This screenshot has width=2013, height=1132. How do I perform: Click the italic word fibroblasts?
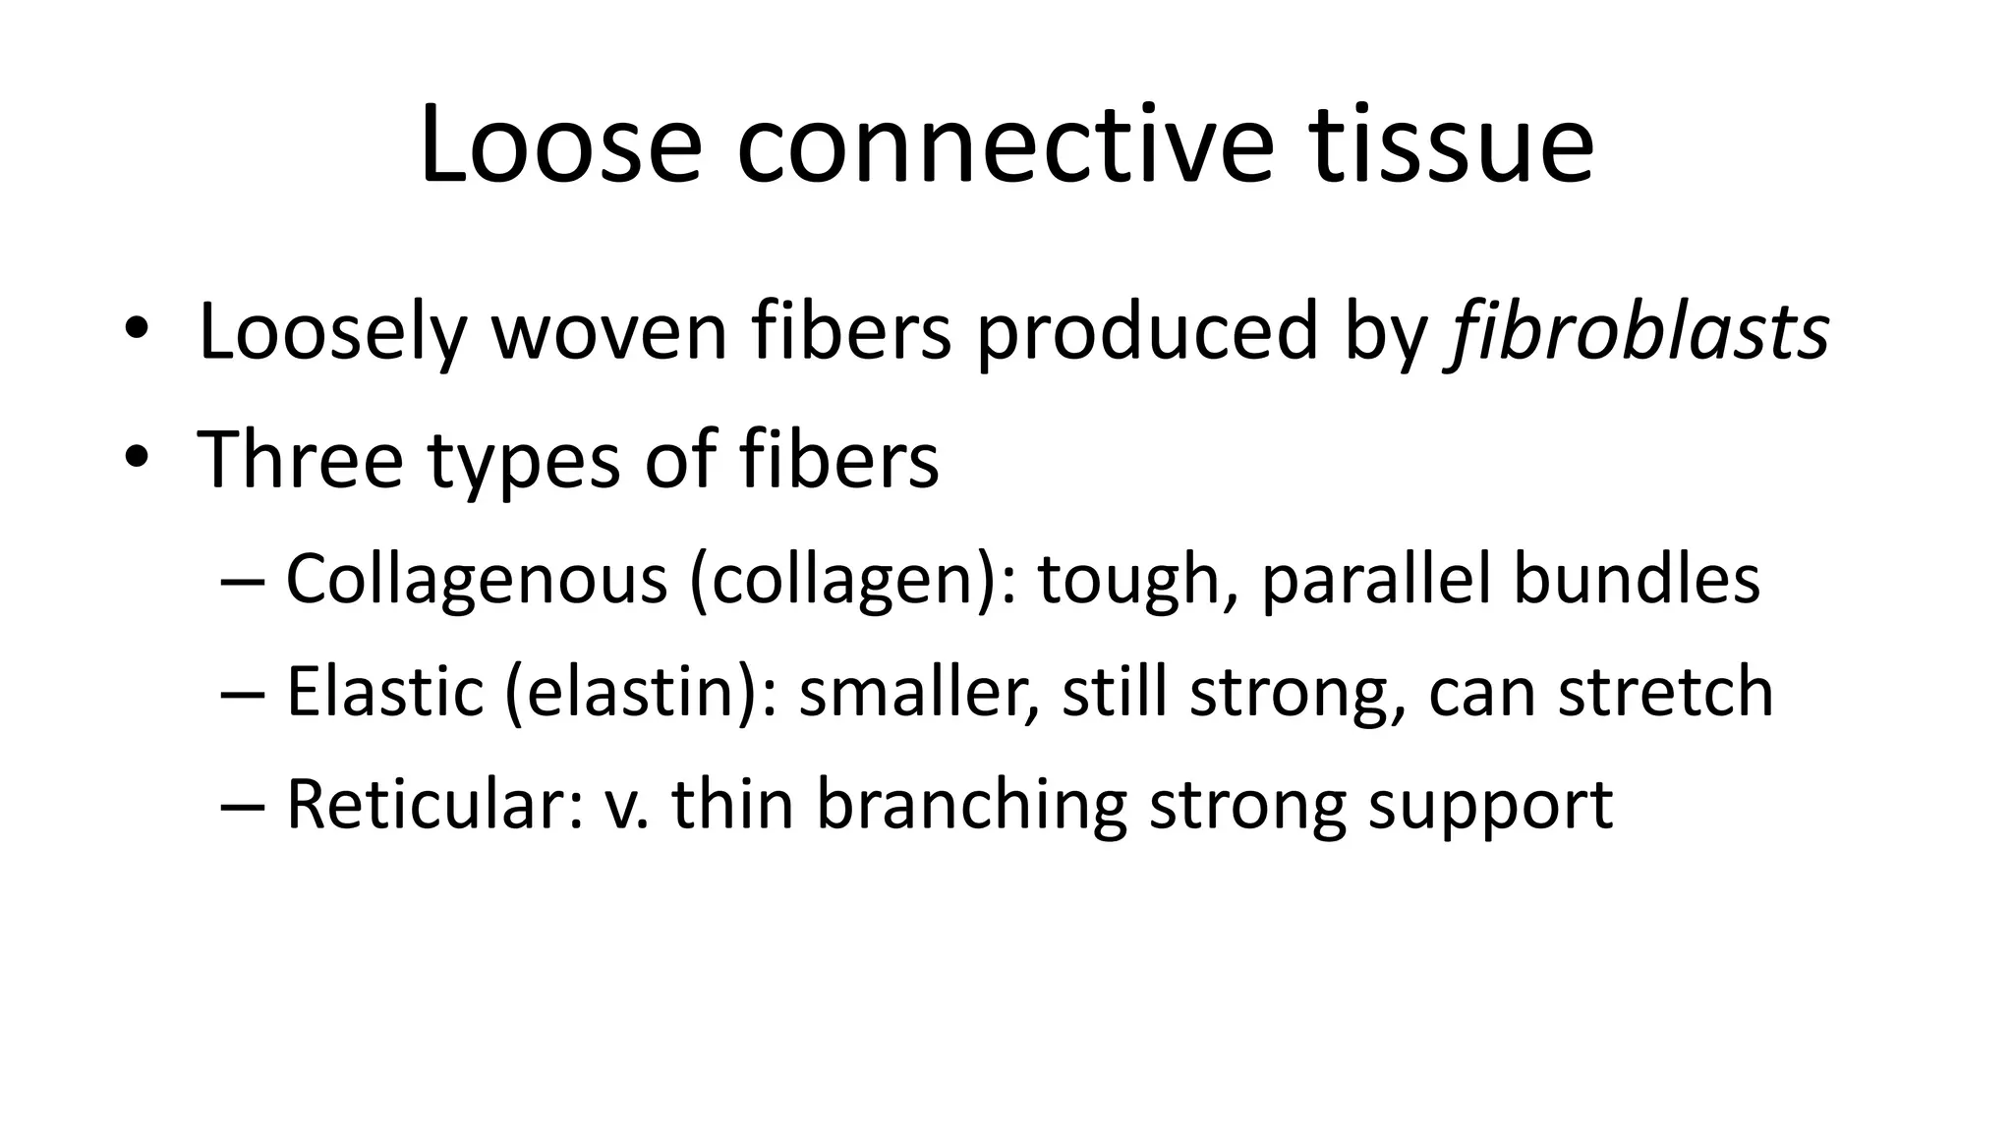pyautogui.click(x=1637, y=331)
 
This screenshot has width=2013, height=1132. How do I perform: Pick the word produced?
pyautogui.click(x=1146, y=331)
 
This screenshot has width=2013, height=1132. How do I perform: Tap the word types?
pyautogui.click(x=524, y=462)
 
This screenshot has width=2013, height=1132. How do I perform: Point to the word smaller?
pyautogui.click(x=917, y=692)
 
